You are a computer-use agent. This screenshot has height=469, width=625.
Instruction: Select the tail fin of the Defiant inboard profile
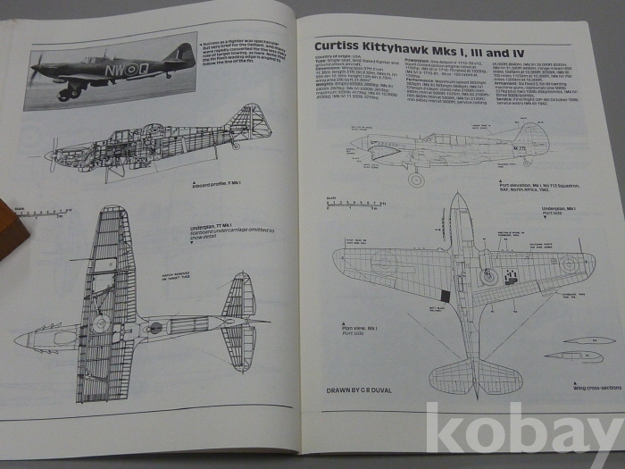[x=251, y=121]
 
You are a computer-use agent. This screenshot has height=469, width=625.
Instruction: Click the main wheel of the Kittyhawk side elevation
[x=416, y=179]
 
